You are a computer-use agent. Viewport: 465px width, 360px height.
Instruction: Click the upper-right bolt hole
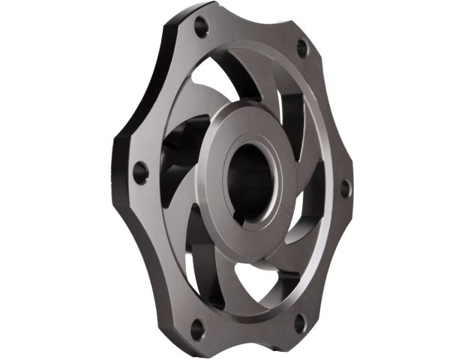click(302, 48)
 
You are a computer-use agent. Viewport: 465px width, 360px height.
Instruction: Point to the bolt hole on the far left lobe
click(139, 172)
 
